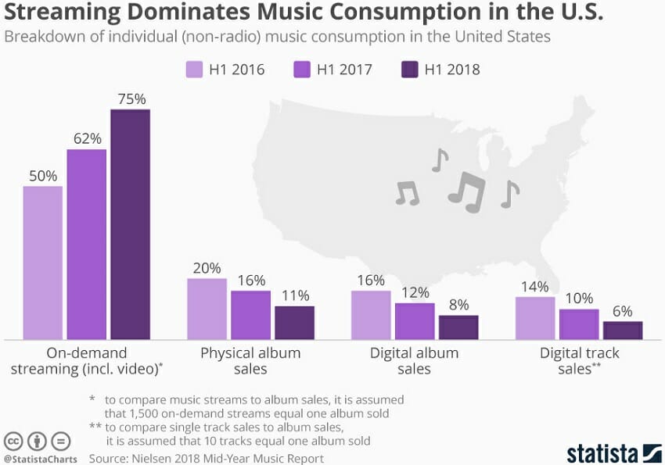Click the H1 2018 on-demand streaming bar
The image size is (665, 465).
130,224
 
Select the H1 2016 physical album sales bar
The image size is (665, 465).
207,309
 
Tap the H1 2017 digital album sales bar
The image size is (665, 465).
415,321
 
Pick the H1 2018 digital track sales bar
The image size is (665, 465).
623,331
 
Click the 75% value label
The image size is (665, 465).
130,99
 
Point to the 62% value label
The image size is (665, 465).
87,138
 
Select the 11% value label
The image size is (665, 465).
294,295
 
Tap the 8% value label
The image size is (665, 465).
458,305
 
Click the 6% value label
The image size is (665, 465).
623,311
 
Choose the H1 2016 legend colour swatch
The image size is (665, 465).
195,69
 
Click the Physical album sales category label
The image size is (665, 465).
250,360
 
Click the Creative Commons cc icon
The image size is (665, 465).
13,439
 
